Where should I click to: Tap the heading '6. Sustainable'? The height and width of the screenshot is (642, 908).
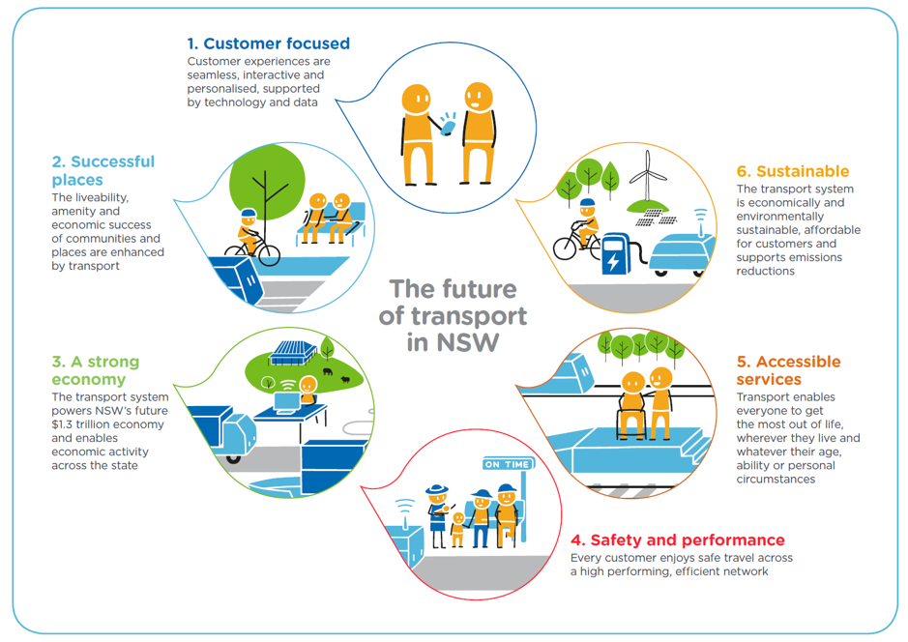792,171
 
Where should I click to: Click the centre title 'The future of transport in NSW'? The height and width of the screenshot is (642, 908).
454,316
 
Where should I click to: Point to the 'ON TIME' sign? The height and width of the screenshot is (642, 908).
508,464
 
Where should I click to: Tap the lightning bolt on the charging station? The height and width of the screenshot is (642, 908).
612,260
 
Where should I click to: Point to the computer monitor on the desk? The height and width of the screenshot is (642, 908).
288,399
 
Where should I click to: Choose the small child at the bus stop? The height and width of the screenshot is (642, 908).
458,528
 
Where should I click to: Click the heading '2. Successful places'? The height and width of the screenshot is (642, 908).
103,170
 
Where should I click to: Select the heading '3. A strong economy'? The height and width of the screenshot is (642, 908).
95,370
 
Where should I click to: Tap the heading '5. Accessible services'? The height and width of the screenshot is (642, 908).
788,370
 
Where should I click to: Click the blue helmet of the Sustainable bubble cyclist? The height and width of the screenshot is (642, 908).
587,205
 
